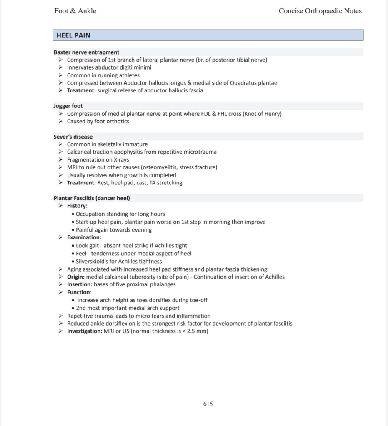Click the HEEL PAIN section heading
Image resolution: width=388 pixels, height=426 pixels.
(x=73, y=35)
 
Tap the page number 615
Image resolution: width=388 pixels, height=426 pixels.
(x=208, y=404)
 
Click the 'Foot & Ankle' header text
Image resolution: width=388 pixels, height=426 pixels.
(x=75, y=11)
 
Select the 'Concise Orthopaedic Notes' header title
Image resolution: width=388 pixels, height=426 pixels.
(x=320, y=11)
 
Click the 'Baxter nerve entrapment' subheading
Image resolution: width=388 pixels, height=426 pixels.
(x=86, y=52)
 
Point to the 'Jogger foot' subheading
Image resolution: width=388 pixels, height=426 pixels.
(x=68, y=106)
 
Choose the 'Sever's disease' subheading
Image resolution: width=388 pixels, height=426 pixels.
(x=73, y=137)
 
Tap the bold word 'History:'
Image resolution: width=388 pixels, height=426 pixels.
(x=77, y=206)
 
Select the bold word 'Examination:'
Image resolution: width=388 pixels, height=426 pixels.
(x=84, y=237)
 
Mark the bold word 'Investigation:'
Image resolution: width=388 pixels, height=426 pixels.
(x=85, y=331)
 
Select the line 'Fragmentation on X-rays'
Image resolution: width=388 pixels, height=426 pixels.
(x=98, y=160)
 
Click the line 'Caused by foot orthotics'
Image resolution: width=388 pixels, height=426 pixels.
(x=98, y=122)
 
